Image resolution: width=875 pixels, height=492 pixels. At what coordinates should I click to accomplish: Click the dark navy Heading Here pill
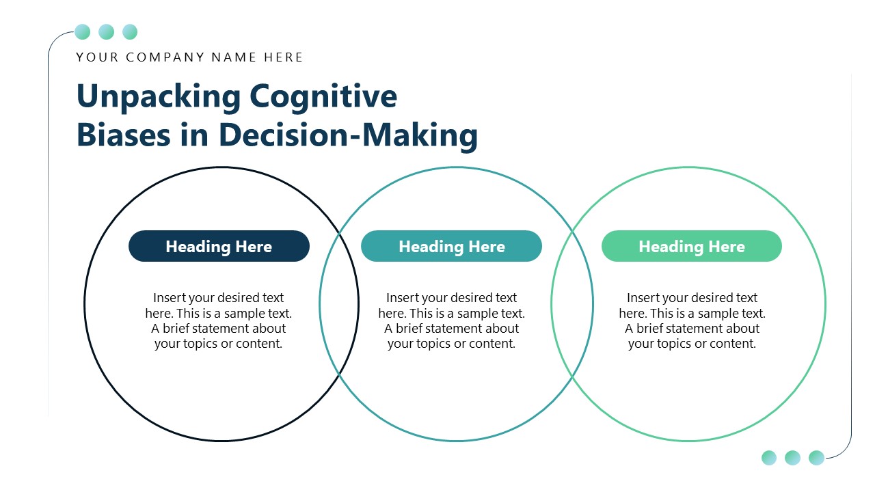tap(219, 246)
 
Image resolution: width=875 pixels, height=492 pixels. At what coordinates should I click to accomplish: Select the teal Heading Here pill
tap(451, 246)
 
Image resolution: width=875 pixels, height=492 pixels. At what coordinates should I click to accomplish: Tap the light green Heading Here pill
tap(691, 246)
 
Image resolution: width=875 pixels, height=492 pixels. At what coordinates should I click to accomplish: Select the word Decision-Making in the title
tap(348, 135)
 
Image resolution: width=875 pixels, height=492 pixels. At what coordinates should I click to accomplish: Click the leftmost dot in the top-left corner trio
tap(82, 31)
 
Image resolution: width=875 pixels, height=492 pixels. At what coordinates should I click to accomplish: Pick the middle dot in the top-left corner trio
tap(106, 31)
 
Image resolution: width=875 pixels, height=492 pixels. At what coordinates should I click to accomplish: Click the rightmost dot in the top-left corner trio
tap(130, 31)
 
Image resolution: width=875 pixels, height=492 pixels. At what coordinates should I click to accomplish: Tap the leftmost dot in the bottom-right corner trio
tap(769, 457)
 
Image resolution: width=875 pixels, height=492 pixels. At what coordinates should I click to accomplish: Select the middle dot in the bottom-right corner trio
tap(792, 457)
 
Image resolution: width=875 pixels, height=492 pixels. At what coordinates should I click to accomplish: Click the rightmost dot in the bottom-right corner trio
tap(816, 457)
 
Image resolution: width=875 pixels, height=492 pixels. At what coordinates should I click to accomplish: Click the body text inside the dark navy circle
tap(219, 320)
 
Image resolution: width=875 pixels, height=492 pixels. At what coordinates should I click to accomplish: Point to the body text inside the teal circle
tap(451, 320)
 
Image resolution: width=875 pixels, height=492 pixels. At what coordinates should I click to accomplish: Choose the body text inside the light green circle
tap(692, 320)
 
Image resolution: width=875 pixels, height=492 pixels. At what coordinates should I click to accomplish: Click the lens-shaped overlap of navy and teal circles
tap(339, 304)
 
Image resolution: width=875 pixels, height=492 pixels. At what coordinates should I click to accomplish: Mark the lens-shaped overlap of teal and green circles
tap(572, 304)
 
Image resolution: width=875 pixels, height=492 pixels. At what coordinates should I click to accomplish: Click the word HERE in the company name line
tap(284, 57)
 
